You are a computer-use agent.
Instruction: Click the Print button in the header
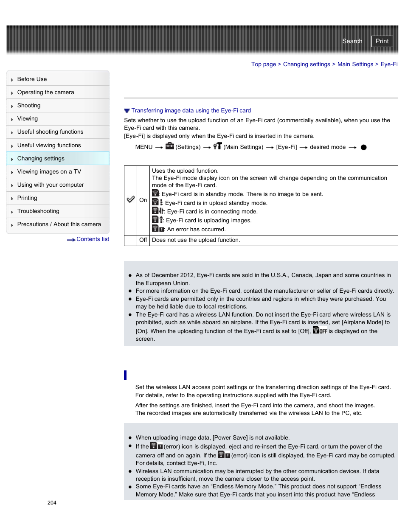click(x=382, y=41)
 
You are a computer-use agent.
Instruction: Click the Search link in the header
click(x=352, y=41)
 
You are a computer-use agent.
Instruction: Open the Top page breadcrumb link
click(x=263, y=64)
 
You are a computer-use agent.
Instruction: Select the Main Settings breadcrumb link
click(x=355, y=64)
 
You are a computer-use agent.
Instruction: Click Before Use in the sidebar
click(x=32, y=79)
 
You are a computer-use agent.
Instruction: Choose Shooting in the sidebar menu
click(x=29, y=105)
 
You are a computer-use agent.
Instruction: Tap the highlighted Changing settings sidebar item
click(x=41, y=158)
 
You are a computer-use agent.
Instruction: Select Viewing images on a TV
click(x=49, y=171)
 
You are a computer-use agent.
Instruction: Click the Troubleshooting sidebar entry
click(x=38, y=211)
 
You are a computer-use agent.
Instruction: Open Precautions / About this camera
click(x=59, y=224)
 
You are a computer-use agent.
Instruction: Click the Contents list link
click(x=92, y=239)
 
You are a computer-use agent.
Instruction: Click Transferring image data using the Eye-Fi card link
click(x=191, y=110)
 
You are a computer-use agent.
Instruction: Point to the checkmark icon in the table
click(x=131, y=199)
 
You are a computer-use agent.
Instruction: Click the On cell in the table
click(x=143, y=200)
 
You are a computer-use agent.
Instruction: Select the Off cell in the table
click(x=143, y=240)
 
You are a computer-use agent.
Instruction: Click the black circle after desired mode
click(x=363, y=147)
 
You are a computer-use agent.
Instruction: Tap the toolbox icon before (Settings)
click(x=169, y=146)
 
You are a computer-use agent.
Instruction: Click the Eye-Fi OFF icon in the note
click(x=320, y=330)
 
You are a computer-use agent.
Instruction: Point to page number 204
click(x=52, y=502)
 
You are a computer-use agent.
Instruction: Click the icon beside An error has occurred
click(x=158, y=229)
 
